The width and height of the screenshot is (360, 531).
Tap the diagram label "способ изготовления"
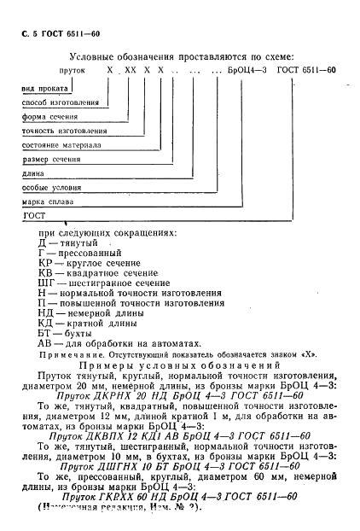point(60,102)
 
